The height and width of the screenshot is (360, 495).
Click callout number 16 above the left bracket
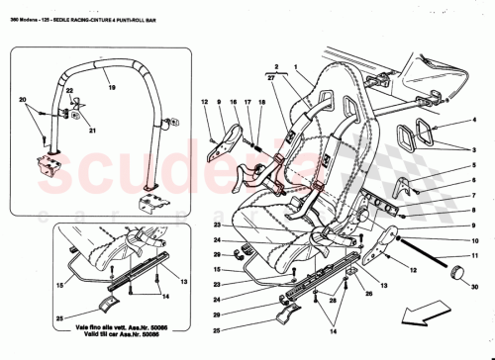coord(233,102)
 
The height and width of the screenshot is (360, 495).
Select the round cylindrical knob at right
coord(457,273)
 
